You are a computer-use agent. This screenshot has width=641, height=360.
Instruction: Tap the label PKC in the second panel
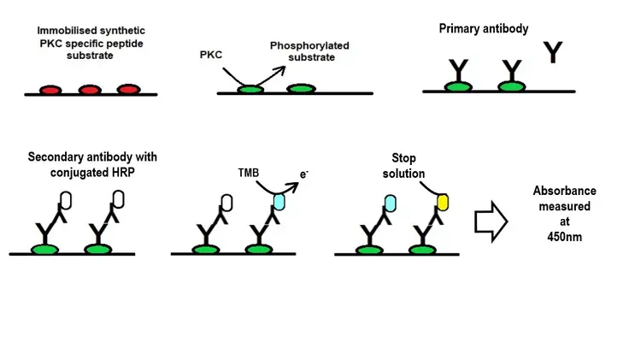tap(211, 55)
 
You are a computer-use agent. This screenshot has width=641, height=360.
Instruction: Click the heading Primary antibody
tap(483, 28)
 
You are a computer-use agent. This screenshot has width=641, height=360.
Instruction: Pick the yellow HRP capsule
tap(443, 202)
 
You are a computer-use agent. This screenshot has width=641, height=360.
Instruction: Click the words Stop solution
tap(409, 166)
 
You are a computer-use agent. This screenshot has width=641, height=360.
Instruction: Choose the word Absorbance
tap(565, 190)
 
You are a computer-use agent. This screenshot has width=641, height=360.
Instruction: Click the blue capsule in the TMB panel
tap(280, 202)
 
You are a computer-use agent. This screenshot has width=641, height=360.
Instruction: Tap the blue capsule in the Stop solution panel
tap(388, 202)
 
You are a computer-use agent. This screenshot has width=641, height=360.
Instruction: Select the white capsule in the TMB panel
tap(226, 202)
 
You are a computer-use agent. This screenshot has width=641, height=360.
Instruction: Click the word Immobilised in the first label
tap(67, 31)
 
